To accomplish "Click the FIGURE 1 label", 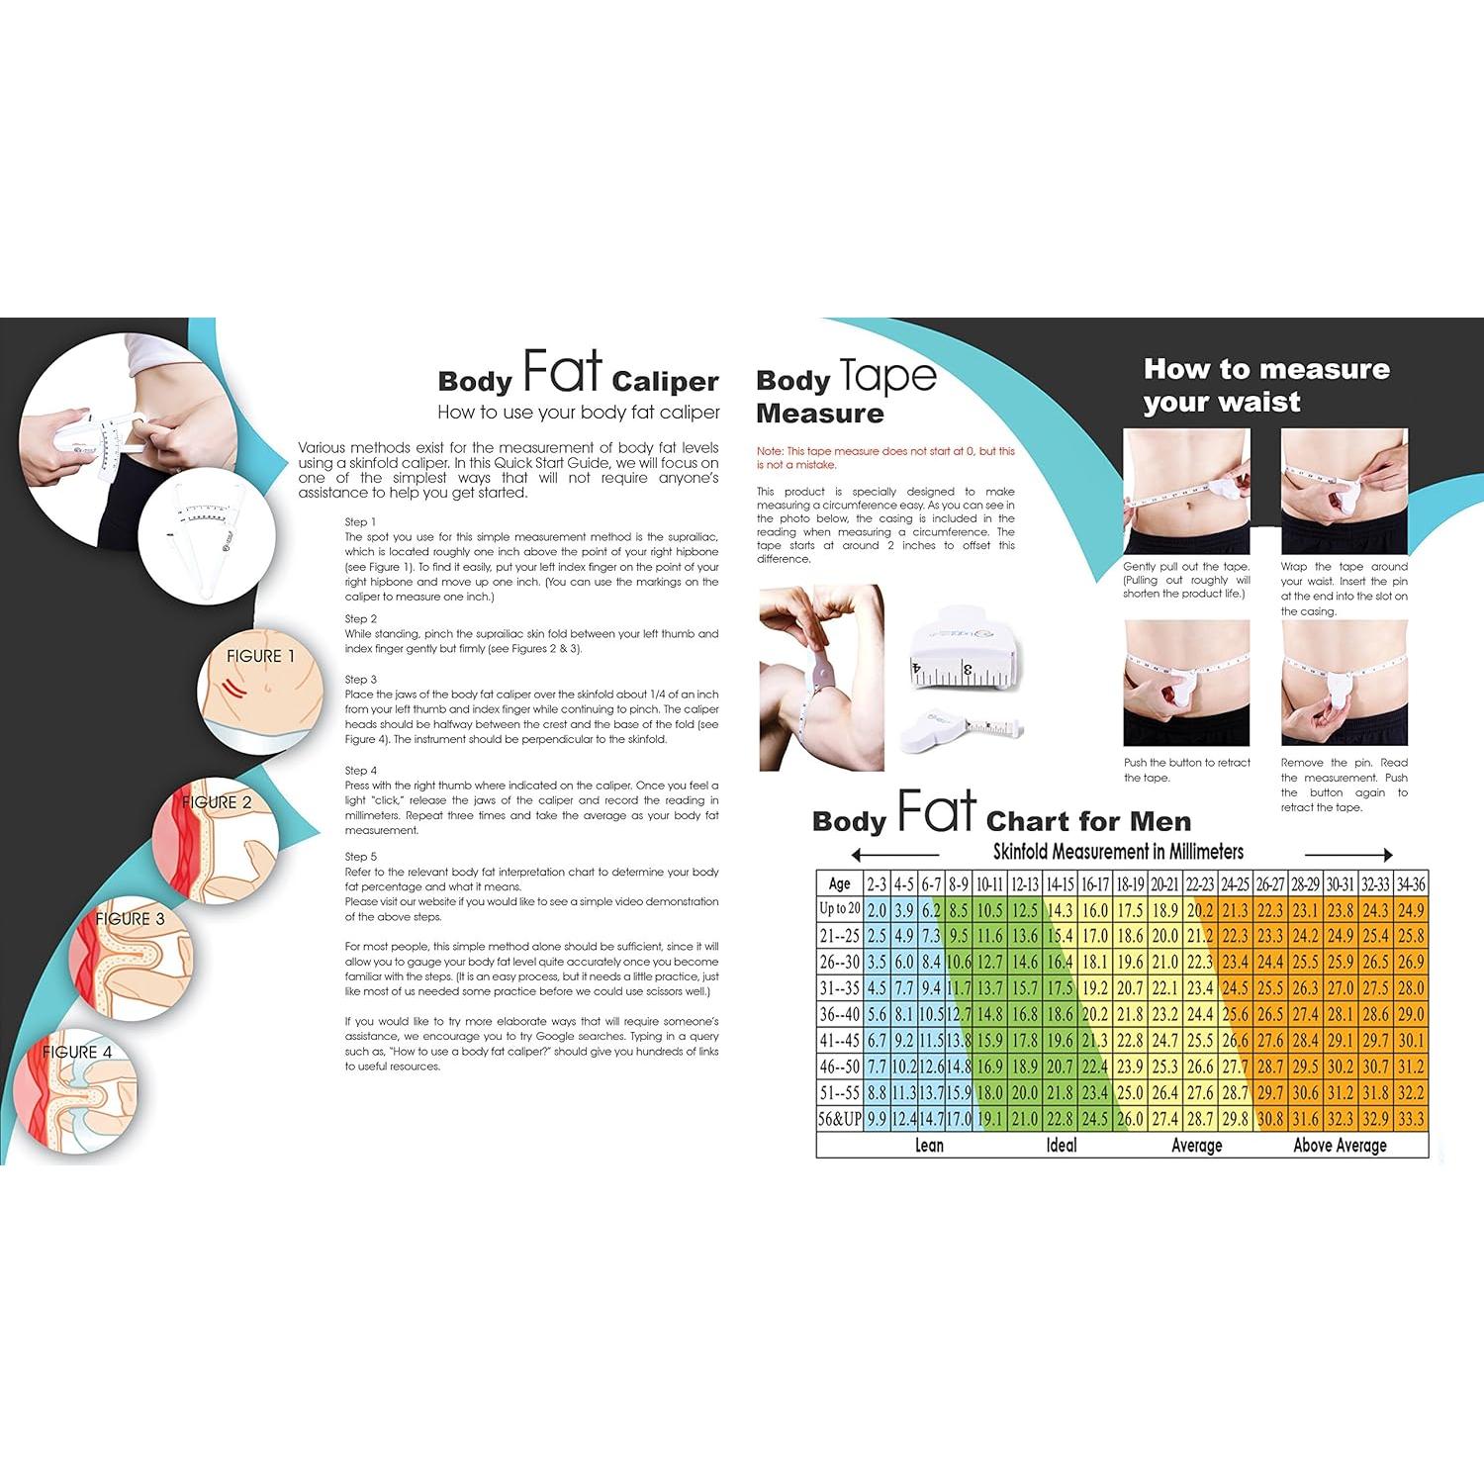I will tap(260, 656).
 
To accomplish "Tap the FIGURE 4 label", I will tap(77, 1052).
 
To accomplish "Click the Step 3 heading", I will tap(361, 680).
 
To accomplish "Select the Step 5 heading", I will tap(361, 857).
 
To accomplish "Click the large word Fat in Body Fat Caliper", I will tap(561, 372).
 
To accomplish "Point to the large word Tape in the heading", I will tap(887, 377).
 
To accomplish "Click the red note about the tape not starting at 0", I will tap(885, 458).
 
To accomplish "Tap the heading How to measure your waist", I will tap(1265, 385).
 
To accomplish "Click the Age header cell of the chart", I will tap(839, 883).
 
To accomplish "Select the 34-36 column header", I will tap(1411, 883).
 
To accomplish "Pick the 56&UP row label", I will tap(839, 1119).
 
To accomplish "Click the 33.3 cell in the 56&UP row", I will tap(1411, 1119).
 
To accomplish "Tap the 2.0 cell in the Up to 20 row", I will tap(877, 910).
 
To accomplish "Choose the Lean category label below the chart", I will tap(929, 1146).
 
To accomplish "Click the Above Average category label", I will tap(1340, 1146).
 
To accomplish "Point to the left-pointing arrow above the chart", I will tap(894, 855).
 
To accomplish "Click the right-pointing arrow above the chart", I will tap(1348, 855).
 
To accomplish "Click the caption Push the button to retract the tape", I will tap(1186, 770).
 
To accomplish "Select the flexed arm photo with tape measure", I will tap(821, 678).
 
